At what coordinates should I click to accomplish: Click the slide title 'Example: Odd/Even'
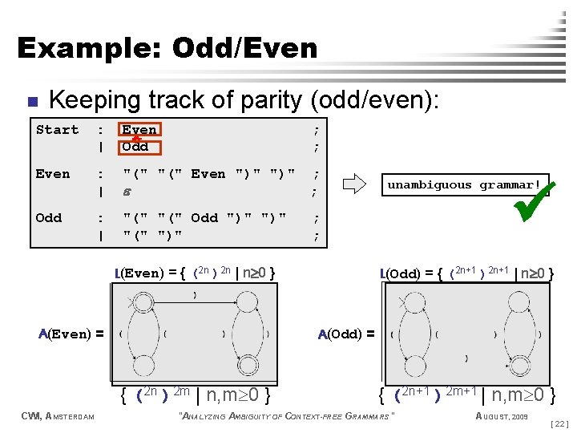167,48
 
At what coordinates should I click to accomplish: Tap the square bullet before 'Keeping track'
31,102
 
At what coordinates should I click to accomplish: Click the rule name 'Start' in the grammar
57,130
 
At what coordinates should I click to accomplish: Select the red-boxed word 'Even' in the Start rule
139,129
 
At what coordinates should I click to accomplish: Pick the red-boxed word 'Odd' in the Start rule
135,147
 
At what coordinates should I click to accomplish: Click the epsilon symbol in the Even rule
127,191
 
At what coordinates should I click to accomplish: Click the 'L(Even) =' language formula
196,273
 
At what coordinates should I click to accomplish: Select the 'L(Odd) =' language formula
468,273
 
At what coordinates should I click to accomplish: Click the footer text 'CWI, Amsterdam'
59,415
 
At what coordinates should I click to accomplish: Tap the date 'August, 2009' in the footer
502,415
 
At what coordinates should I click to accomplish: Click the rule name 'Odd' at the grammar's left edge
49,217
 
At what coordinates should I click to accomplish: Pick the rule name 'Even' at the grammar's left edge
53,174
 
